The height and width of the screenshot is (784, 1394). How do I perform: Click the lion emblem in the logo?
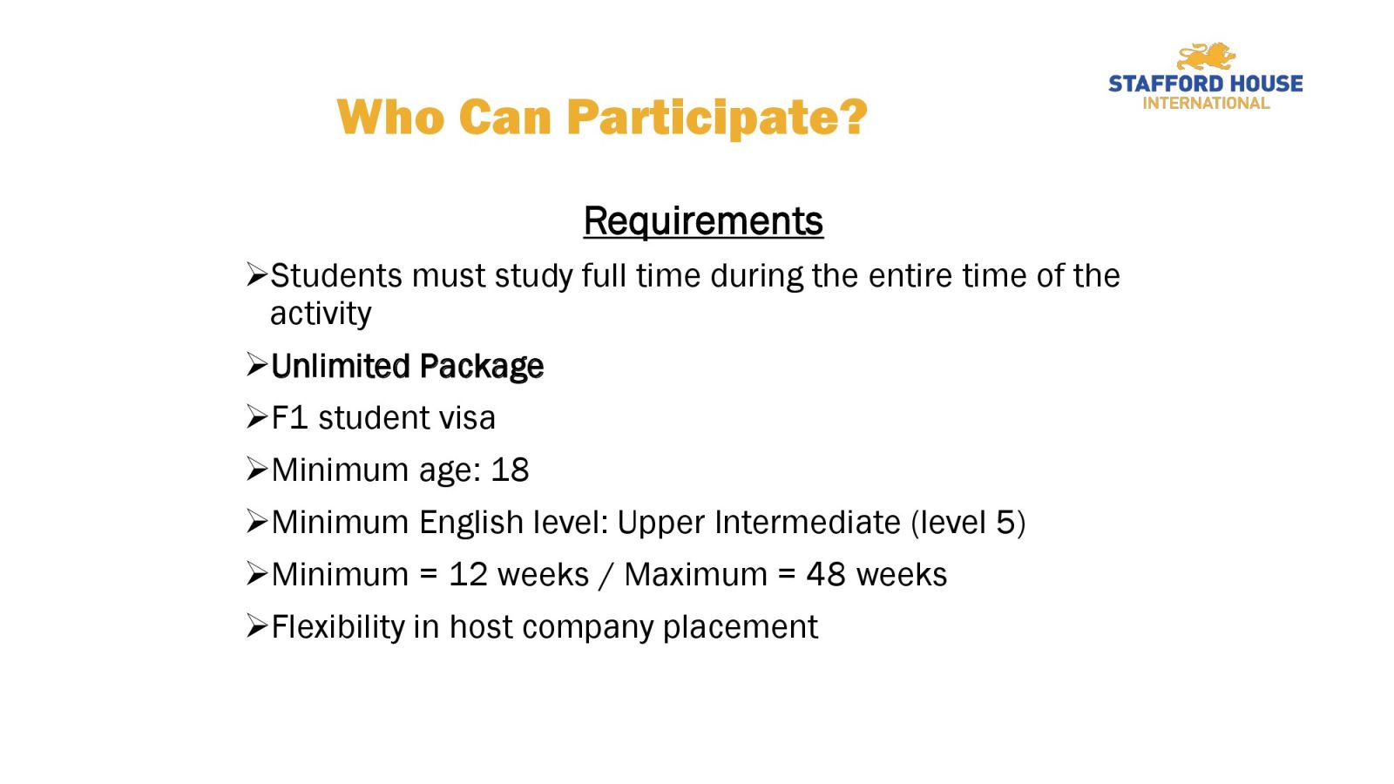pyautogui.click(x=1206, y=57)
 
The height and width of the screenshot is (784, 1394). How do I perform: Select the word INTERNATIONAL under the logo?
pyautogui.click(x=1206, y=104)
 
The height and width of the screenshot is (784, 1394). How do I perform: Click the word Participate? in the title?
pyautogui.click(x=717, y=118)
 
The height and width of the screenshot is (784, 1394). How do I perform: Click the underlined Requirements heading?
pyautogui.click(x=703, y=220)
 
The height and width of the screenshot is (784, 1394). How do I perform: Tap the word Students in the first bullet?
pyautogui.click(x=336, y=275)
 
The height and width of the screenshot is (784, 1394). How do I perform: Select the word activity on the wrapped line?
pyautogui.click(x=321, y=313)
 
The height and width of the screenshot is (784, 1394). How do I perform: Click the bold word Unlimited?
pyautogui.click(x=339, y=366)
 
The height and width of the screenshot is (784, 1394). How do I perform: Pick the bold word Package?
pyautogui.click(x=481, y=367)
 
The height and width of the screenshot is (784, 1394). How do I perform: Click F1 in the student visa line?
pyautogui.click(x=289, y=417)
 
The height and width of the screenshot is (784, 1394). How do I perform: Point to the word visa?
pyautogui.click(x=467, y=417)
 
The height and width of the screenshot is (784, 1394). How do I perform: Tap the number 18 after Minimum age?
pyautogui.click(x=510, y=470)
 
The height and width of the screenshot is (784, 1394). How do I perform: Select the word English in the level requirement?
pyautogui.click(x=471, y=523)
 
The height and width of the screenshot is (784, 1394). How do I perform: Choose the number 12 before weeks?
pyautogui.click(x=468, y=575)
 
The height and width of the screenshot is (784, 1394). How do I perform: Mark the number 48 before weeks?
pyautogui.click(x=826, y=575)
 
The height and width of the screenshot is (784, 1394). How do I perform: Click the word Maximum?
pyautogui.click(x=696, y=575)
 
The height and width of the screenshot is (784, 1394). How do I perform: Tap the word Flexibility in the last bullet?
pyautogui.click(x=338, y=627)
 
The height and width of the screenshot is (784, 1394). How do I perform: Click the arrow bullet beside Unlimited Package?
pyautogui.click(x=256, y=365)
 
